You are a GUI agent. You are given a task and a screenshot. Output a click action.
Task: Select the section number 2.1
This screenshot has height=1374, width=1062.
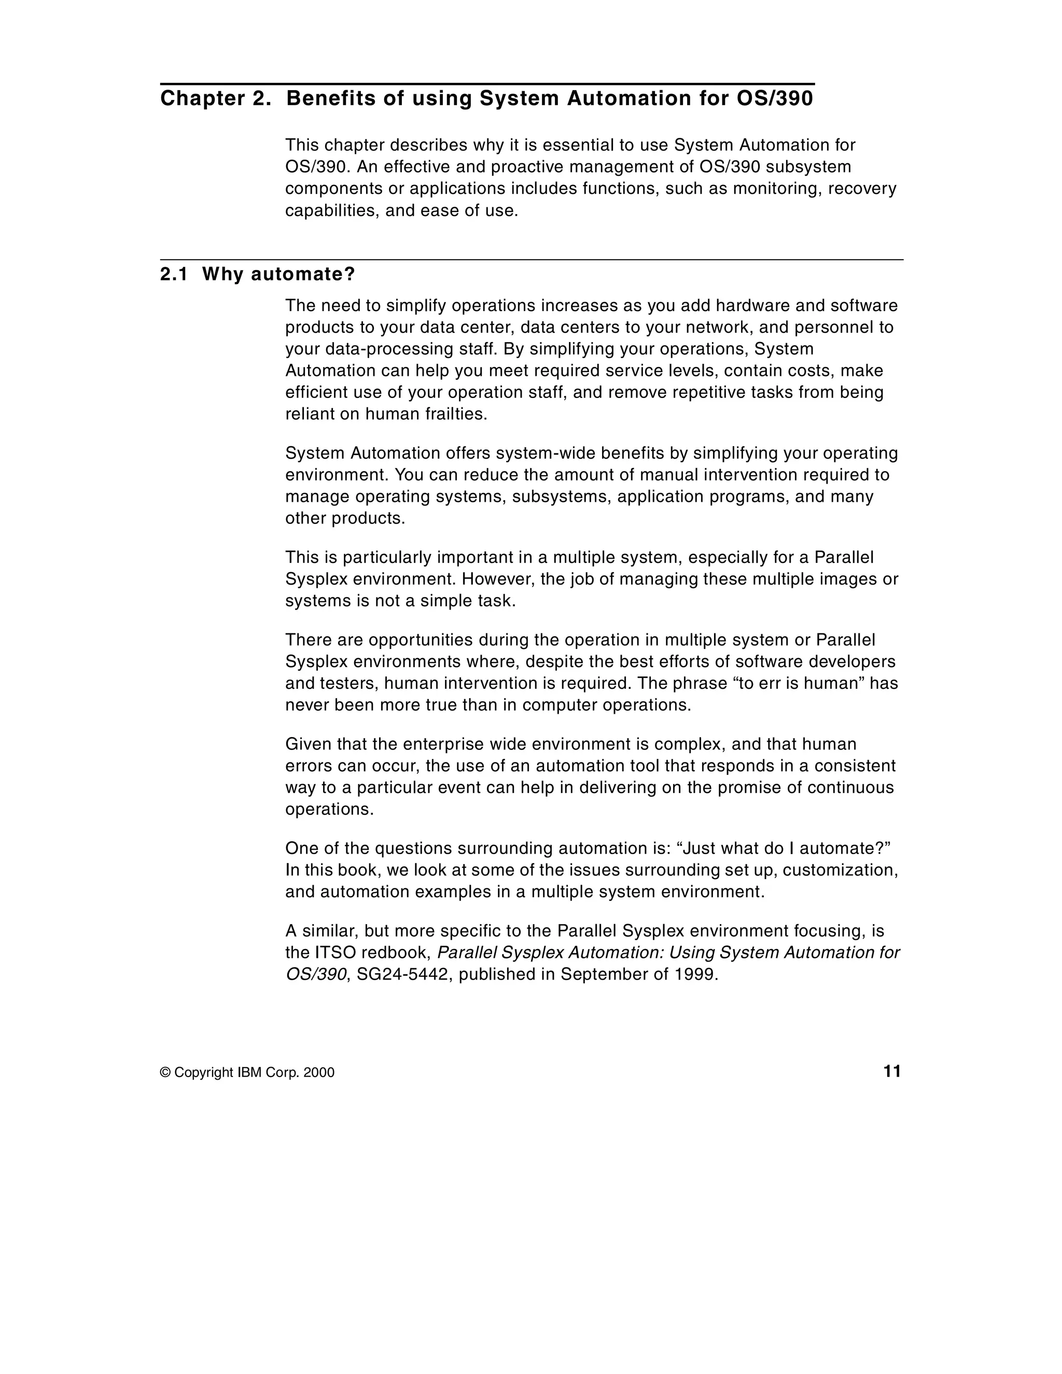pyautogui.click(x=174, y=274)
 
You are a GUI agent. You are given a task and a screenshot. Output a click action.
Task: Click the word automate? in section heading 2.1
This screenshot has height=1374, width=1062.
pyautogui.click(x=303, y=274)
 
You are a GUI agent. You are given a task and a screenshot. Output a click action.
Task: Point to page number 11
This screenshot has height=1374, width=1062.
pyautogui.click(x=892, y=1071)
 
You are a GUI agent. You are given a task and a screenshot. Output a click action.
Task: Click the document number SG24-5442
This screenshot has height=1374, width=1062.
pyautogui.click(x=402, y=974)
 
